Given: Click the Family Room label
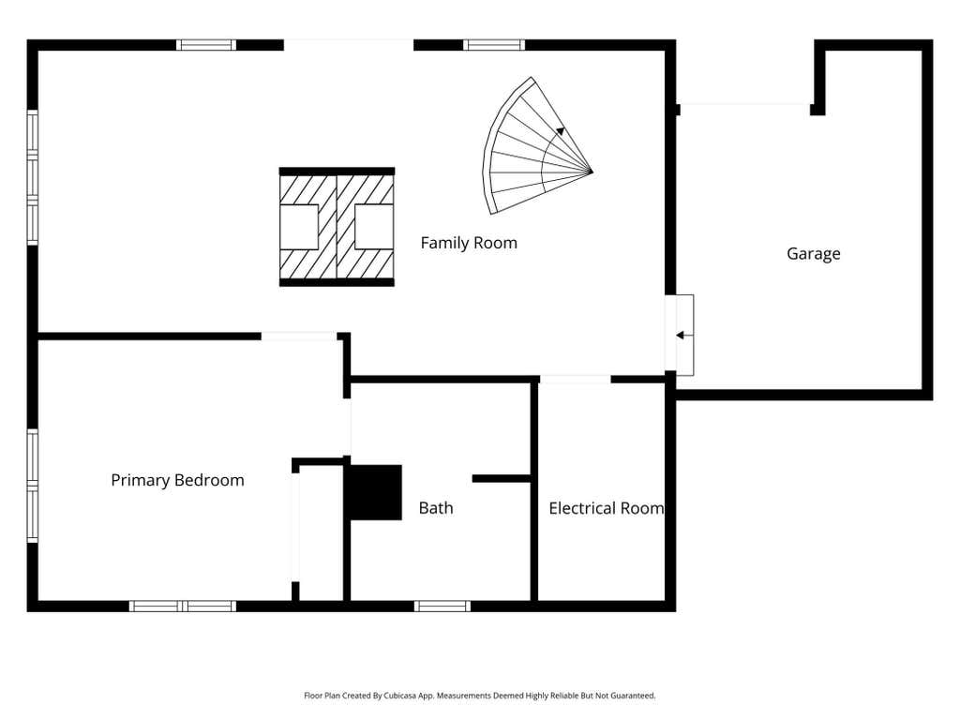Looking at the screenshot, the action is (x=469, y=243).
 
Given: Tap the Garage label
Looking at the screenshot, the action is (x=813, y=253).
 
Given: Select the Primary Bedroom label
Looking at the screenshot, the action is (x=177, y=480).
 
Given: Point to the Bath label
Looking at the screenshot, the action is (x=436, y=507).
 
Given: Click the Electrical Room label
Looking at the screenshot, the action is (x=607, y=508).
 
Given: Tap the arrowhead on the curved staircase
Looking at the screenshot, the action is (x=561, y=131).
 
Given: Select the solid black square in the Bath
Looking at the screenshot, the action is (x=375, y=493).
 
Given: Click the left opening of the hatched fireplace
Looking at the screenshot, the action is (x=299, y=227).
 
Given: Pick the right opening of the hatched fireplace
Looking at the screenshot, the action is (x=374, y=227).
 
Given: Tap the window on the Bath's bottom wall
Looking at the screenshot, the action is (x=442, y=607).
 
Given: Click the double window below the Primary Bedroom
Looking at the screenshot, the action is (x=183, y=607).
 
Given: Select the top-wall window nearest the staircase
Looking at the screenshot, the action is (x=494, y=45).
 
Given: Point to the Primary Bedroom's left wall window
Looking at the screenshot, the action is (x=33, y=486).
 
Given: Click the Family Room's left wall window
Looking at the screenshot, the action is (x=33, y=177).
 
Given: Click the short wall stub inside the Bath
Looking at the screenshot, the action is (x=502, y=479).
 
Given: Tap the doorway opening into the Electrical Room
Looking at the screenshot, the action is (x=575, y=381).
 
